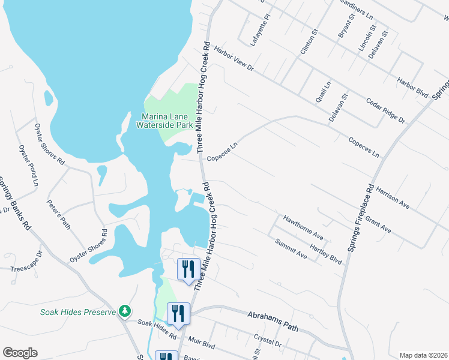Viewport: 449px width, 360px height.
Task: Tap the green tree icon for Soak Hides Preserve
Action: pyautogui.click(x=125, y=311)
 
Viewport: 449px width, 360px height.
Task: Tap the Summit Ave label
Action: pyautogui.click(x=291, y=249)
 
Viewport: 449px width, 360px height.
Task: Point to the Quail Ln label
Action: pyautogui.click(x=324, y=91)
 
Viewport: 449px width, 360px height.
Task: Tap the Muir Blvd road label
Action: pyautogui.click(x=200, y=345)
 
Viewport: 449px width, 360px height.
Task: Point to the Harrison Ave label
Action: pyautogui.click(x=394, y=197)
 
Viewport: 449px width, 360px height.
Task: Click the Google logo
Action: pyautogui.click(x=20, y=353)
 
